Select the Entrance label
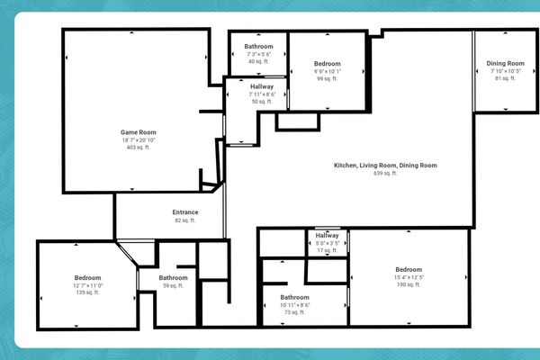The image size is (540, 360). pyautogui.click(x=185, y=212)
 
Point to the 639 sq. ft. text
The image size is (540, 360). pyautogui.click(x=385, y=173)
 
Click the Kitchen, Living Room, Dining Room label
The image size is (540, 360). pyautogui.click(x=385, y=166)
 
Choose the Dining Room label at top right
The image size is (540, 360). pyautogui.click(x=506, y=63)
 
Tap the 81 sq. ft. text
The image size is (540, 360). pyautogui.click(x=506, y=78)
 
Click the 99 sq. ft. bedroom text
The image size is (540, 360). pyautogui.click(x=328, y=79)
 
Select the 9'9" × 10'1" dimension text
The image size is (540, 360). pyautogui.click(x=328, y=72)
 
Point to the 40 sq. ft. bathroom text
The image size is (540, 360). pyautogui.click(x=258, y=62)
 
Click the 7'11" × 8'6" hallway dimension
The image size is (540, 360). pyautogui.click(x=262, y=94)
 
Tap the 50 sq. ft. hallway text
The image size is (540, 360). pyautogui.click(x=262, y=102)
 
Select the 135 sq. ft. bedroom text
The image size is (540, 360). pyautogui.click(x=87, y=292)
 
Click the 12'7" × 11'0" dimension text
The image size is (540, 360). pyautogui.click(x=87, y=285)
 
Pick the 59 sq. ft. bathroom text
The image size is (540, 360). pyautogui.click(x=174, y=285)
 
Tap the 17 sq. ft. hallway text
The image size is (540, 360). pyautogui.click(x=328, y=250)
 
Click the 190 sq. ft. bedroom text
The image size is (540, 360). pyautogui.click(x=409, y=284)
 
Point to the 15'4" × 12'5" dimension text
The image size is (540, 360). pyautogui.click(x=409, y=277)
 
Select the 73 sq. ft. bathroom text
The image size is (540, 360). pyautogui.click(x=294, y=312)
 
